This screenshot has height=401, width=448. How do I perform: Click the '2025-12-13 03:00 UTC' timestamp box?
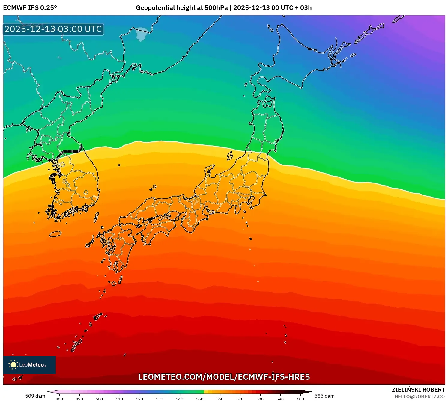pyautogui.click(x=53, y=29)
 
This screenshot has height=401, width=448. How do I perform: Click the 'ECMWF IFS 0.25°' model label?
pyautogui.click(x=30, y=8)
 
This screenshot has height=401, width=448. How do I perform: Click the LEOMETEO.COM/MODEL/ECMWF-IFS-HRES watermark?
pyautogui.click(x=224, y=377)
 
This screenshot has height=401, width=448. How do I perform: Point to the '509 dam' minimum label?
pyautogui.click(x=35, y=396)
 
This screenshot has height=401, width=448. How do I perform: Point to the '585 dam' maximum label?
pyautogui.click(x=324, y=396)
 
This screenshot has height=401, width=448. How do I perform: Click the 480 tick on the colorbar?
pyautogui.click(x=59, y=399)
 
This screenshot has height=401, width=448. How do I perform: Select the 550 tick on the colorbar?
pyautogui.click(x=200, y=399)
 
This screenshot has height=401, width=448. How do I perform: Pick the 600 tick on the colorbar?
pyautogui.click(x=300, y=399)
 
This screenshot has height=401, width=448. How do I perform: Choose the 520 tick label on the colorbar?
pyautogui.click(x=139, y=399)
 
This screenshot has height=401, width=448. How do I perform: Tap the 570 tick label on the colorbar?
pyautogui.click(x=240, y=399)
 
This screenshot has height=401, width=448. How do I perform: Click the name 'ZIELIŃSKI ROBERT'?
pyautogui.click(x=418, y=390)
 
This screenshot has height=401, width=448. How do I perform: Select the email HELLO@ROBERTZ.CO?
pyautogui.click(x=420, y=397)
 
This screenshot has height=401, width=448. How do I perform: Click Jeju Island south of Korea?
pyautogui.click(x=55, y=234)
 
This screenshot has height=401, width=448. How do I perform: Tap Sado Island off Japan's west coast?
pyautogui.click(x=230, y=156)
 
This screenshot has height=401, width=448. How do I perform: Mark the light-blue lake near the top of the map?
pyautogui.click(x=142, y=34)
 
